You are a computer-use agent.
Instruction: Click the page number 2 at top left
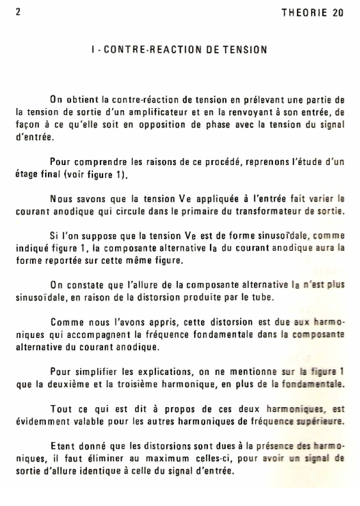[18, 12]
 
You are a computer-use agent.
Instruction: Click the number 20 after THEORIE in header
[338, 13]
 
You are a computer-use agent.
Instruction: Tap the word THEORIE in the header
[303, 13]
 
